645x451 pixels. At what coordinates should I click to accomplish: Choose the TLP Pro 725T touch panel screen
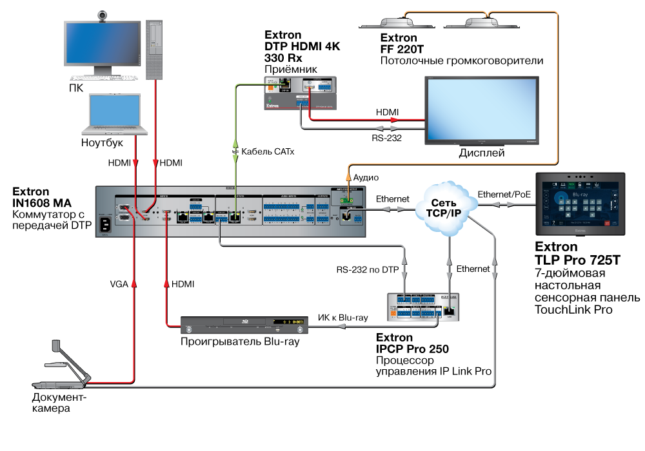(580, 204)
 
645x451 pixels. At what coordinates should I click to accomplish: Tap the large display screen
(481, 110)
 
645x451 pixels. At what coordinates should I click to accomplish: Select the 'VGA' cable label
(118, 283)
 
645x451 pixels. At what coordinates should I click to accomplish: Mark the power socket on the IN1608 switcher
(106, 224)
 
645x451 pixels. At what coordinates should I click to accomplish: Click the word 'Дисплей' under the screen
(481, 153)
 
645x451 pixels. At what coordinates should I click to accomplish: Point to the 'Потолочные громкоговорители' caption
(461, 61)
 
